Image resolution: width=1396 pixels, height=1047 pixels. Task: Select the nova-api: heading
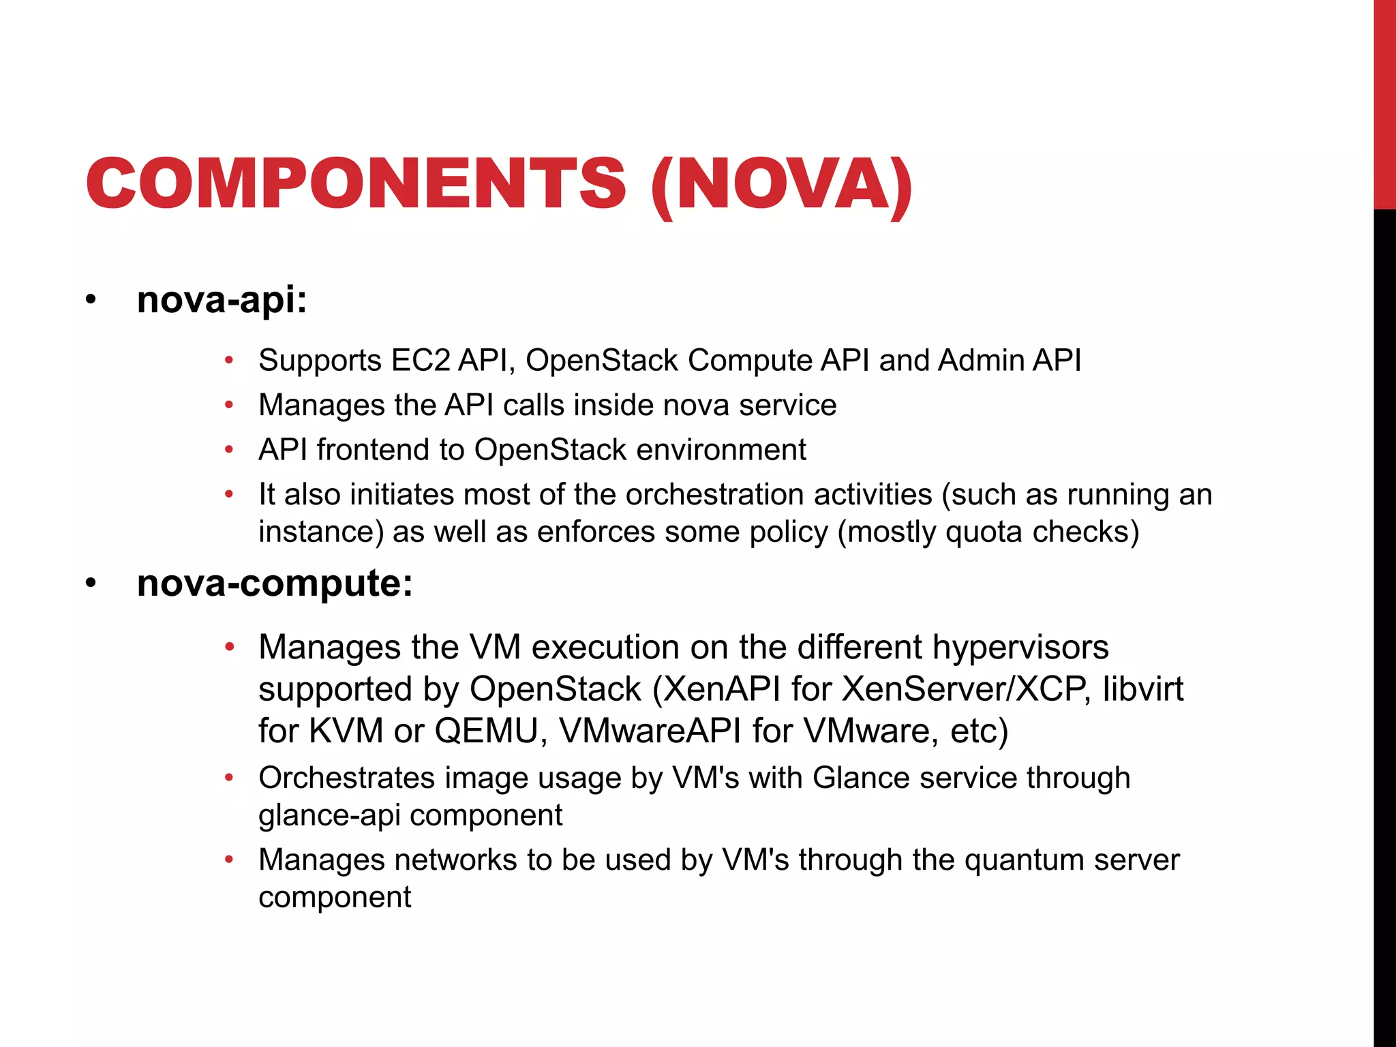click(x=222, y=300)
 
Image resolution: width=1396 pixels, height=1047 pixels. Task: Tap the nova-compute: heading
click(x=275, y=583)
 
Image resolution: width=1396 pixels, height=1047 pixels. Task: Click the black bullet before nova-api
click(x=91, y=301)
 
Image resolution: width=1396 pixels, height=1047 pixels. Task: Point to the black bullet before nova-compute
click(x=91, y=584)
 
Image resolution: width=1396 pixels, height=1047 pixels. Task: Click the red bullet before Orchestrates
click(x=230, y=777)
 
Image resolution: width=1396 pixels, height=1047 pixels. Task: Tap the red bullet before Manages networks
click(x=230, y=860)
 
